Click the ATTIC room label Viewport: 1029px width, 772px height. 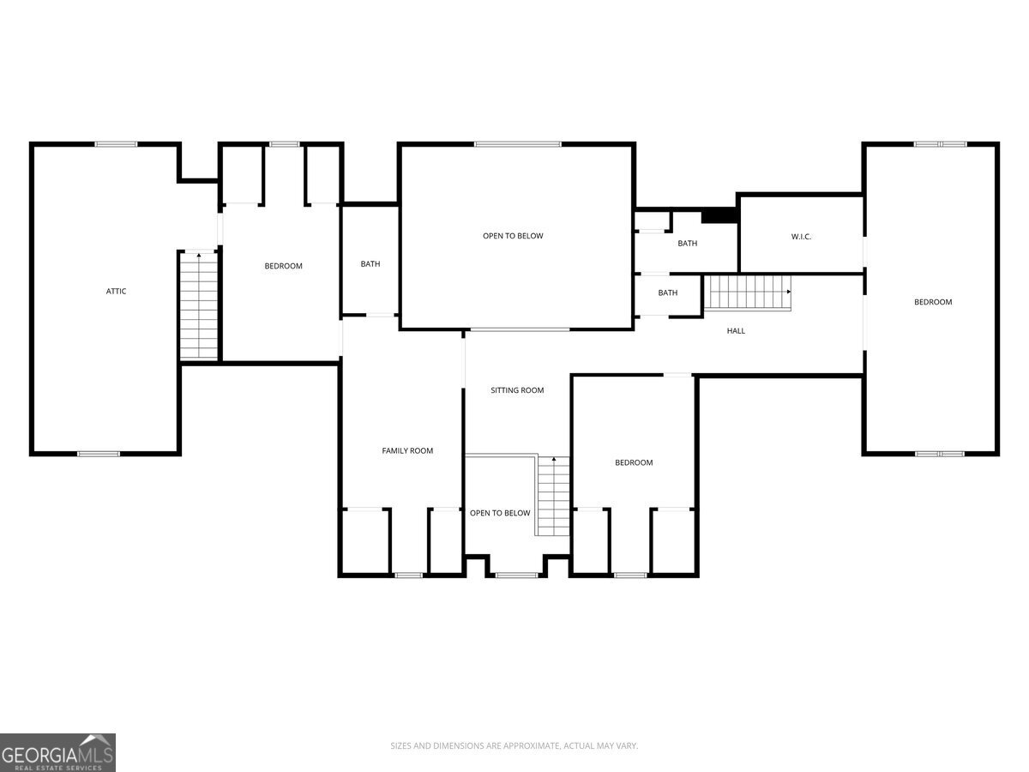point(116,291)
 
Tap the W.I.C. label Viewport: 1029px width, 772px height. point(801,237)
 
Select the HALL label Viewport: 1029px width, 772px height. point(736,331)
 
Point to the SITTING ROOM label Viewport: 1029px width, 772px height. point(517,390)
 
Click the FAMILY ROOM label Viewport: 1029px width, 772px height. point(407,450)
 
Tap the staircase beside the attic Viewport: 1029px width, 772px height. point(199,305)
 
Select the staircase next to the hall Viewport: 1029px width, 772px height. point(749,293)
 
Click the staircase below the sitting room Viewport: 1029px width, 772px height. point(553,496)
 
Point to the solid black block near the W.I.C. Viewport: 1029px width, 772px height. point(719,216)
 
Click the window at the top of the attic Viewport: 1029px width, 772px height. point(116,144)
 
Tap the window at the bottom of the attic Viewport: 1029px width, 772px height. point(99,454)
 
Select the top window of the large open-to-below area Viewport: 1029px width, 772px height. point(518,144)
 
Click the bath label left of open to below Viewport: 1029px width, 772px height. point(370,264)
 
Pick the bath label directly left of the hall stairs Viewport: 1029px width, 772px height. point(667,293)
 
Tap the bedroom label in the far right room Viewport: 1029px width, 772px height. point(933,302)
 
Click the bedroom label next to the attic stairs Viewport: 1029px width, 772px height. point(283,266)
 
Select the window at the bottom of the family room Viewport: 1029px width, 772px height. point(408,575)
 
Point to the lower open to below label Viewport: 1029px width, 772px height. point(500,513)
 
